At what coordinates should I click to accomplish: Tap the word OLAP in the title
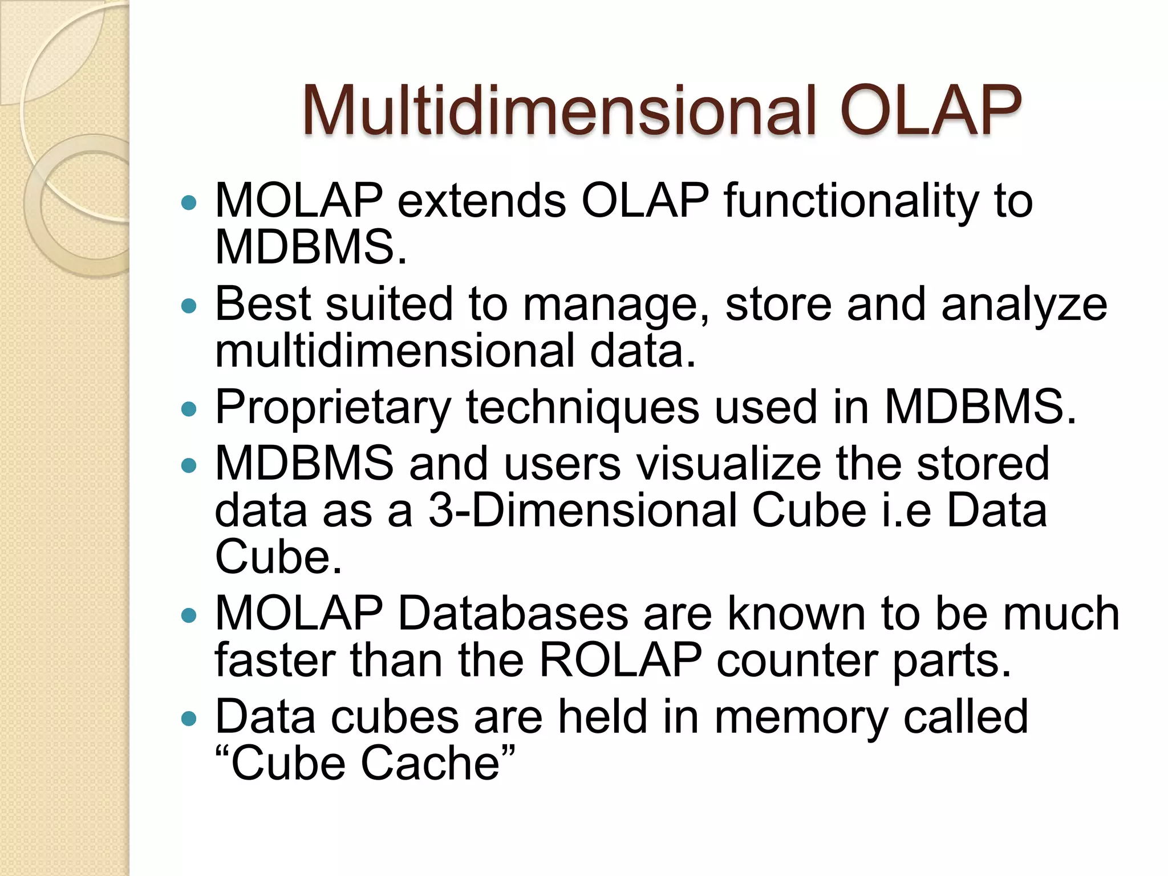[x=930, y=111]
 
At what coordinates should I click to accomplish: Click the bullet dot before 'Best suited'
[x=188, y=306]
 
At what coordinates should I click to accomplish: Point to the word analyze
[x=1024, y=305]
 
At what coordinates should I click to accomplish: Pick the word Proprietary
[x=333, y=408]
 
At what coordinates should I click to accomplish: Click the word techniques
[x=582, y=408]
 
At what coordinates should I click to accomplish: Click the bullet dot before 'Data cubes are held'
[x=188, y=719]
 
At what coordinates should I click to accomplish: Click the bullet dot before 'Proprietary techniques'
[x=188, y=408]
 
